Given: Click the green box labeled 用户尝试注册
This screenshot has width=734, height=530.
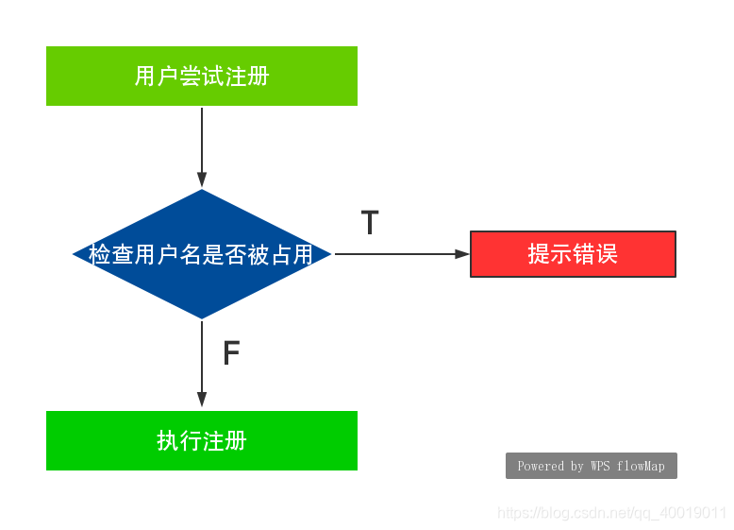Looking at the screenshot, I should (202, 76).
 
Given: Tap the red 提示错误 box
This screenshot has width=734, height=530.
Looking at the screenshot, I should (573, 254).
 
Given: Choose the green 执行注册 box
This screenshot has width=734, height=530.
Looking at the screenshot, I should (202, 440).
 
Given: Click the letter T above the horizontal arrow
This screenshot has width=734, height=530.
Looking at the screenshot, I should (370, 224).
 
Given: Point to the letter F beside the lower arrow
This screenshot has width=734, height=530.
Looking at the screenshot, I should (231, 354).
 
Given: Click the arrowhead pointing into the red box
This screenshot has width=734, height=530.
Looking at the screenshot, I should (462, 254).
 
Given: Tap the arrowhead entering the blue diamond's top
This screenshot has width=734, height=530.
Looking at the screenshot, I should (202, 180).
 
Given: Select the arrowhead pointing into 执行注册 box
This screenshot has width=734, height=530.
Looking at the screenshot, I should (202, 400).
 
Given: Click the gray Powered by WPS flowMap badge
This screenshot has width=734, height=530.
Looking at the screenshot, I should (592, 466).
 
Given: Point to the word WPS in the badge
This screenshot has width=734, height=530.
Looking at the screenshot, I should (600, 466).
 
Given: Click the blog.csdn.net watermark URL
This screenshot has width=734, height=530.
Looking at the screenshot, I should (611, 513).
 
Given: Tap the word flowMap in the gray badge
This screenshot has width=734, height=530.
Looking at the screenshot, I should (642, 466).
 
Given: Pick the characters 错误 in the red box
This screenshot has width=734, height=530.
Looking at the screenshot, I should (595, 254).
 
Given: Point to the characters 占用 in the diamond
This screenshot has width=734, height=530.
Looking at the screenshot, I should (292, 254).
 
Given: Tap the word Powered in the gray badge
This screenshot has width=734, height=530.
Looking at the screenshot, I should (541, 466).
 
